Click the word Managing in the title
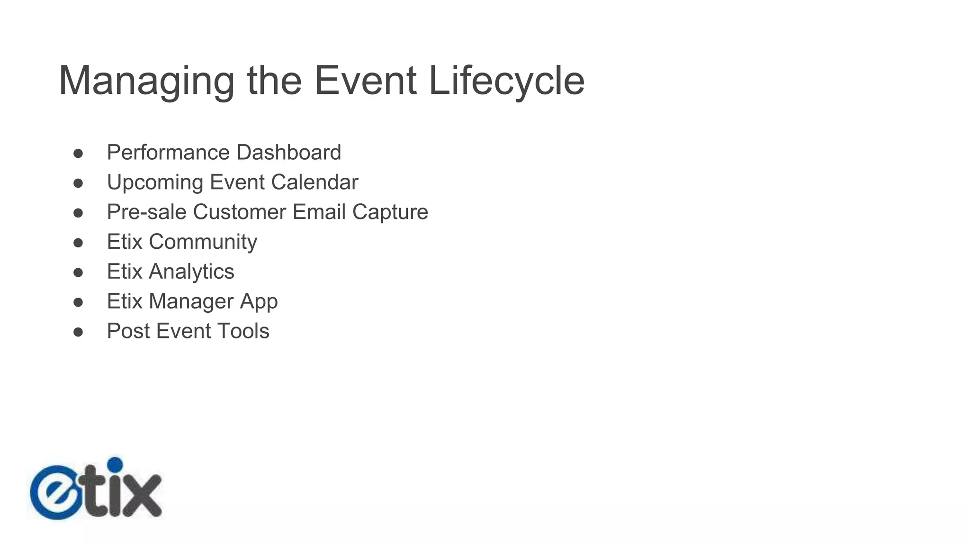146,82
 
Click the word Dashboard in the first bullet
288,153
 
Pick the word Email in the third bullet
319,212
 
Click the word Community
203,242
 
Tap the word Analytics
191,272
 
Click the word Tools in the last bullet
243,331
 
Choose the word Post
128,331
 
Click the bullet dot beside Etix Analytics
78,273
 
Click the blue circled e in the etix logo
56,492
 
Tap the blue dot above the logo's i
115,464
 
